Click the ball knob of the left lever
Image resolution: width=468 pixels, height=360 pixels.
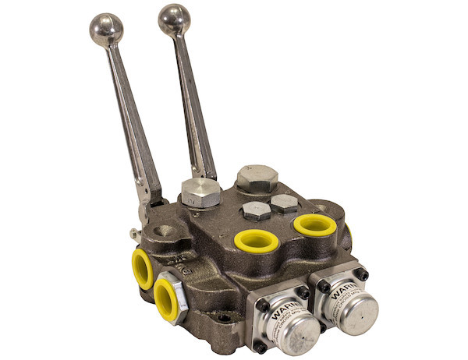click(106, 29)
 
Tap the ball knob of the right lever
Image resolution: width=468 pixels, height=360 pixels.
click(174, 19)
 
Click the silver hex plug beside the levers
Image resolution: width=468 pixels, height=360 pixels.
click(200, 192)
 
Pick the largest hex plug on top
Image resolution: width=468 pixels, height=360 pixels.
click(257, 178)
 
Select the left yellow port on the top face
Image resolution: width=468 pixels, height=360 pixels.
click(256, 241)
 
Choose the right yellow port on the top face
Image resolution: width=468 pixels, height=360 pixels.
click(315, 226)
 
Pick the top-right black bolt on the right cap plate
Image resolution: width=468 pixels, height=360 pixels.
click(360, 274)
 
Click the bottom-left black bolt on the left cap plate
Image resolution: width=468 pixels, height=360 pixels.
click(260, 346)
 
